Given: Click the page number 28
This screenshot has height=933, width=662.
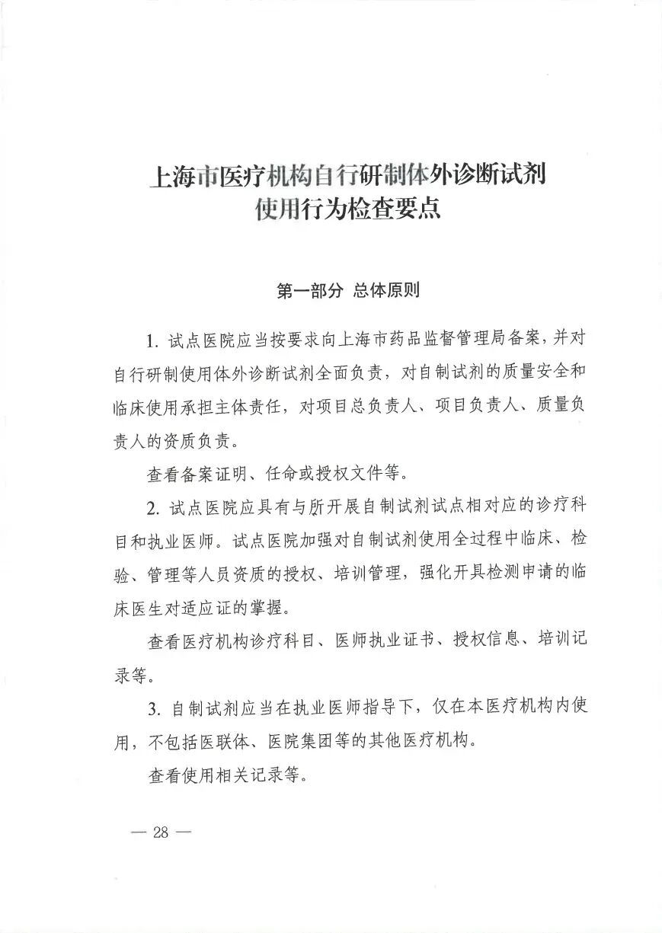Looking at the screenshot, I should (x=160, y=832).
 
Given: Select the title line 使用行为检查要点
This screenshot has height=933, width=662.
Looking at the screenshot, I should (x=348, y=208).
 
